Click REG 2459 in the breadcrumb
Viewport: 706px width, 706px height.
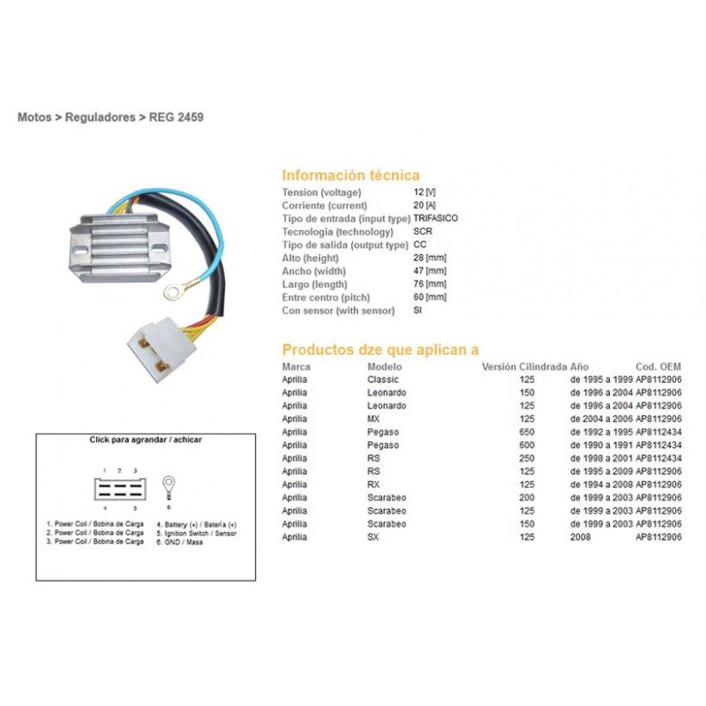click(x=176, y=117)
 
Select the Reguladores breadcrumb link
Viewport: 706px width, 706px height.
click(x=100, y=117)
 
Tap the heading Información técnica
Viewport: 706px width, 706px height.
click(x=350, y=175)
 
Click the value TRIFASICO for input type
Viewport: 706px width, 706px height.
click(x=435, y=218)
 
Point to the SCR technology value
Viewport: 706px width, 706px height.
click(x=423, y=231)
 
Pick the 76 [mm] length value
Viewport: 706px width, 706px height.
click(x=430, y=284)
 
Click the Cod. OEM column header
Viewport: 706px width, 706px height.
click(x=658, y=366)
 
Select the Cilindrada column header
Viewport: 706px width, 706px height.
click(x=543, y=366)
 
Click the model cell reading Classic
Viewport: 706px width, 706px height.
click(x=383, y=379)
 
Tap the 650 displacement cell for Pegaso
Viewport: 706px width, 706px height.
click(x=527, y=432)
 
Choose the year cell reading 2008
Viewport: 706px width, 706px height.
click(x=581, y=537)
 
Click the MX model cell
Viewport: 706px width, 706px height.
click(x=373, y=418)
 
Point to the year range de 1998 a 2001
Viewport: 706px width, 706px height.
click(x=601, y=458)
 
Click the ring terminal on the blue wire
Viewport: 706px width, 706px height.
click(x=173, y=293)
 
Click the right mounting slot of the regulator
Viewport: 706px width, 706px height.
click(x=159, y=248)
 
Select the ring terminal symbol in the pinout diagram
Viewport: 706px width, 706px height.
click(x=169, y=487)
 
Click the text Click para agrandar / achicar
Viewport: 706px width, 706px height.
click(x=146, y=439)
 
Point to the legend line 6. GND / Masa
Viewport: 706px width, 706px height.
click(x=179, y=542)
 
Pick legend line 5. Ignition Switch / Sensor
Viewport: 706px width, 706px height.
click(x=196, y=533)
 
